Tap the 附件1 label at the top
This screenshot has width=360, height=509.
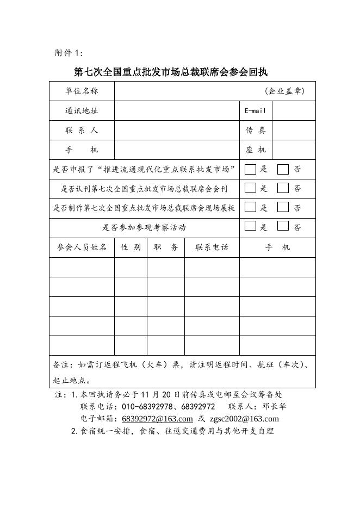pyautogui.click(x=70, y=53)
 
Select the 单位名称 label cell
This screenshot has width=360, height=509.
pyautogui.click(x=82, y=91)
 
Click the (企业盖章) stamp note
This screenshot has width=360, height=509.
pyautogui.click(x=284, y=91)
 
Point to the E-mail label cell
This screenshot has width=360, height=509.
pyautogui.click(x=255, y=111)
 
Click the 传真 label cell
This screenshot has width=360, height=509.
pyautogui.click(x=255, y=131)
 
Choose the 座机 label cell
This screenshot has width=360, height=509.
pyautogui.click(x=255, y=150)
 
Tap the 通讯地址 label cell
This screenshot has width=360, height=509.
pyautogui.click(x=82, y=111)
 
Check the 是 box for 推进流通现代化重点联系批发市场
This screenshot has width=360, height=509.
pyautogui.click(x=250, y=169)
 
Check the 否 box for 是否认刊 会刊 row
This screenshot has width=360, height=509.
pyautogui.click(x=283, y=188)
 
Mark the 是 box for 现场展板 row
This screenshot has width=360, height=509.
pyautogui.click(x=250, y=207)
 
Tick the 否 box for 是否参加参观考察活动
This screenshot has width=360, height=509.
pyautogui.click(x=283, y=226)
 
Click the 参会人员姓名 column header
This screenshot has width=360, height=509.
pyautogui.click(x=82, y=247)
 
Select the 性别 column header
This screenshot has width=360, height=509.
pyautogui.click(x=131, y=247)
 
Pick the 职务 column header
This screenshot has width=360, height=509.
pyautogui.click(x=166, y=247)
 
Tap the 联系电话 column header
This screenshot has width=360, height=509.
pyautogui.click(x=212, y=247)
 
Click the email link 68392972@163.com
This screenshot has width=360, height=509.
pyautogui.click(x=157, y=419)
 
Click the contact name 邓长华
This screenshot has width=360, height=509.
pyautogui.click(x=274, y=407)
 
